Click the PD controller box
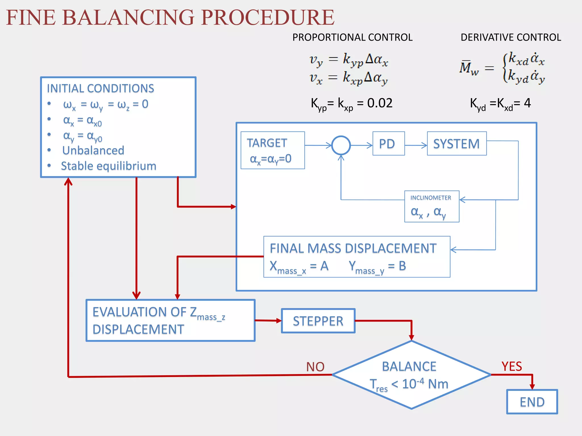(388, 144)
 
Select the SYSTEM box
(456, 144)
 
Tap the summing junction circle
(341, 145)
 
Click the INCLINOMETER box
(431, 206)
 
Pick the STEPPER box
(318, 321)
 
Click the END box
(532, 402)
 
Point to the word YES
(512, 366)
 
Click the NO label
(315, 367)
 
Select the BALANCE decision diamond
(411, 375)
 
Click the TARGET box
(272, 150)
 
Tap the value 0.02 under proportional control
(380, 103)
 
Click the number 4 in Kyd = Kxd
(527, 103)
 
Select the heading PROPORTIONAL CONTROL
(352, 37)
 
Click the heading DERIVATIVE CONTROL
(511, 37)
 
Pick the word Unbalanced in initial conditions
(93, 150)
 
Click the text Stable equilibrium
(109, 166)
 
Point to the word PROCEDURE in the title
(268, 18)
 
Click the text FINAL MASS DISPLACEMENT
(353, 248)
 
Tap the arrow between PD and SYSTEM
(416, 145)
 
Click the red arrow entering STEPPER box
(268, 320)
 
